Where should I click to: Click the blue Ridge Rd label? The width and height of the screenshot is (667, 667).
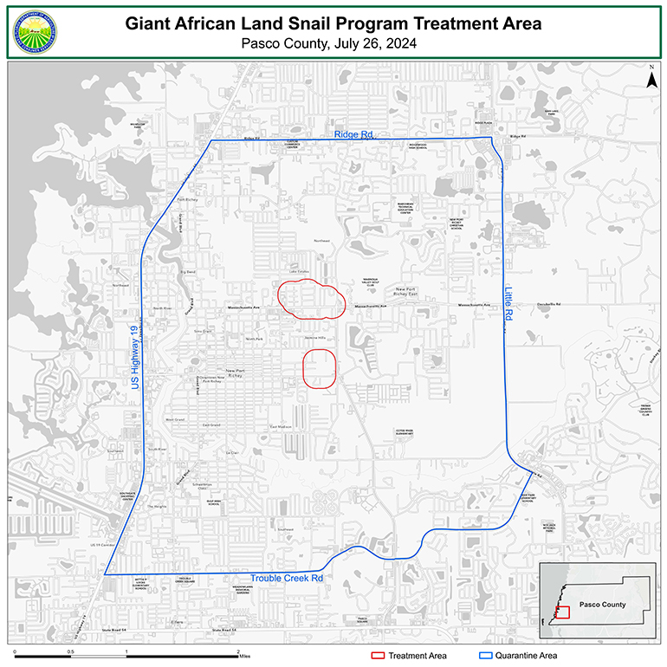coord(354,135)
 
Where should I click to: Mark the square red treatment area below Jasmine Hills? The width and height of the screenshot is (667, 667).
coord(320,369)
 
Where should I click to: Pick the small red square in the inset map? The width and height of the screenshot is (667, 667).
coord(562,612)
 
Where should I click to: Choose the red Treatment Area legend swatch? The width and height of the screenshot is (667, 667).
coord(379,656)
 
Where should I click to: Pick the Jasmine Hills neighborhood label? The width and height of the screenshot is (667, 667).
coord(315,339)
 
